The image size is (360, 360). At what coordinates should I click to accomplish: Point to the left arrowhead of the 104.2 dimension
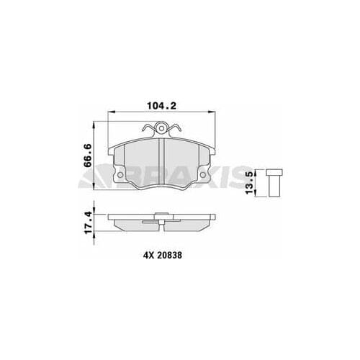click(x=109, y=112)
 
